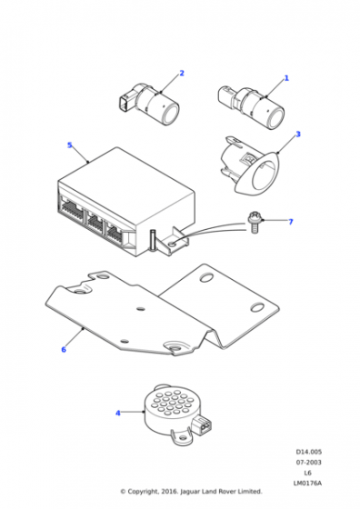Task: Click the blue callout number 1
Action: tap(286, 78)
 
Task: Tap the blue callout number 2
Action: tap(182, 73)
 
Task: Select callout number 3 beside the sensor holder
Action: tap(298, 135)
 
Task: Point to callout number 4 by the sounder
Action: tap(118, 413)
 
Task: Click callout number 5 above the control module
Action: tap(69, 145)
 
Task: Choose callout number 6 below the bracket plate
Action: tap(64, 349)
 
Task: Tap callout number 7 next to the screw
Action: tap(291, 222)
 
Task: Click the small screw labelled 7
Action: tap(255, 223)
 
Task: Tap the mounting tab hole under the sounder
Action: tap(183, 438)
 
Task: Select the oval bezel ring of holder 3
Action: tap(260, 174)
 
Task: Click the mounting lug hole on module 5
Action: tap(173, 244)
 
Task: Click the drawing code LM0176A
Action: tap(307, 483)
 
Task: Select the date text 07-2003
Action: tap(308, 463)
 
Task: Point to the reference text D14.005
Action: tap(308, 452)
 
